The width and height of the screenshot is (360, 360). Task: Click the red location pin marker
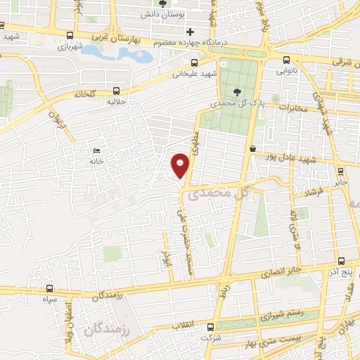181,164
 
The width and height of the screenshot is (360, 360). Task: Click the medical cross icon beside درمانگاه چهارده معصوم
189,32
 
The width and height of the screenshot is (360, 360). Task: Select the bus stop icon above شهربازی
69,35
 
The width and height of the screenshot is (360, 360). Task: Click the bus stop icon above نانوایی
286,60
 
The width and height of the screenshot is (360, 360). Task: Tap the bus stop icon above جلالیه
116,90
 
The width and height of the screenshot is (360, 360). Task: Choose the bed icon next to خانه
97,150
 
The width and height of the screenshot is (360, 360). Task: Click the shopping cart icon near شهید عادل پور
252,148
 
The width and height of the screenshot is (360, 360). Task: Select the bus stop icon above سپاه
49,288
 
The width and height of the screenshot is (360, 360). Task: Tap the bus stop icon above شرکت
210,327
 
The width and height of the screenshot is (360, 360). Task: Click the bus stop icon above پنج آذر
341,260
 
